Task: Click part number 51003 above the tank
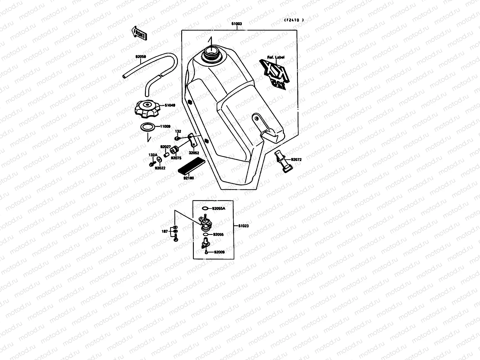click(237, 24)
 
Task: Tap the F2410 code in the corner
click(294, 20)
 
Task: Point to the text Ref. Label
click(276, 57)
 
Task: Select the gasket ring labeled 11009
click(148, 127)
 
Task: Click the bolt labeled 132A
click(151, 164)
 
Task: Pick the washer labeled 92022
click(158, 162)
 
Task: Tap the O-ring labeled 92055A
click(205, 208)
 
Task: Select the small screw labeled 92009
click(206, 252)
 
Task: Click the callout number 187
click(164, 231)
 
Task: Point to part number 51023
click(244, 226)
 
